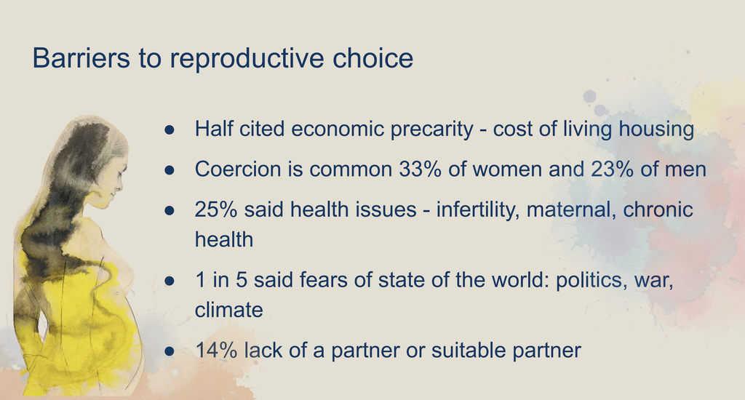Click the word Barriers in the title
tap(81, 58)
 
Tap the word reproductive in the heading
tap(247, 59)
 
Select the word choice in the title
tap(373, 58)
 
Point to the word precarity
tap(432, 129)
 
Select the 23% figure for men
tap(612, 169)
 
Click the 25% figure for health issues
tap(216, 209)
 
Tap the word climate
tap(229, 311)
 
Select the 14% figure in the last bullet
tap(216, 351)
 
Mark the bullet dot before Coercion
tap(170, 170)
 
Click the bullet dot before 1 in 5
tap(170, 281)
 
